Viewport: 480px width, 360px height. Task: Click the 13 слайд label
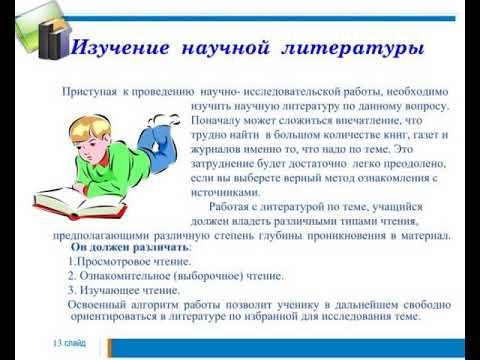pyautogui.click(x=68, y=344)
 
